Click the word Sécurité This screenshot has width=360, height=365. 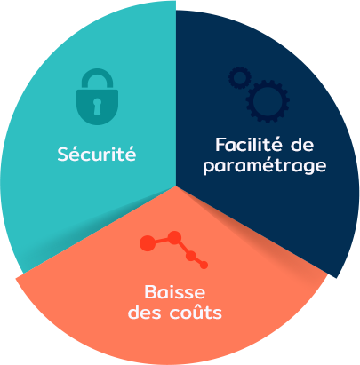point(97,153)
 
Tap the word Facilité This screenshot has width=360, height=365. point(249,145)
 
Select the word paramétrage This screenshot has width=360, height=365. point(265,166)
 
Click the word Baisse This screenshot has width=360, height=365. point(175,291)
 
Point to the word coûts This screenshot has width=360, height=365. point(196,312)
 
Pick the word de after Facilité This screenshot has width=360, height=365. point(302,145)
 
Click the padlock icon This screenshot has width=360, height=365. point(97,97)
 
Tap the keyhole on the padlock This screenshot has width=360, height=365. point(97,107)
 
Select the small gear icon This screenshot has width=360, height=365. point(240,78)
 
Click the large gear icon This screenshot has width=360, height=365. point(268,101)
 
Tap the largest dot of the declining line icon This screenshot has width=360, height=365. point(148,243)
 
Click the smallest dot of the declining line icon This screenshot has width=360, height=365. point(204,265)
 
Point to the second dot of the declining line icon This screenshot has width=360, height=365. point(175,237)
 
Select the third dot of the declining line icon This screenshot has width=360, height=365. point(191,256)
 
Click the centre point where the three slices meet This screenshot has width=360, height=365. point(176,186)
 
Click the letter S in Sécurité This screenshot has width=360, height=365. point(63,154)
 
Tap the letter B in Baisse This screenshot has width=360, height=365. point(150,292)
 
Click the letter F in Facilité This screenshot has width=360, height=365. point(220,145)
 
